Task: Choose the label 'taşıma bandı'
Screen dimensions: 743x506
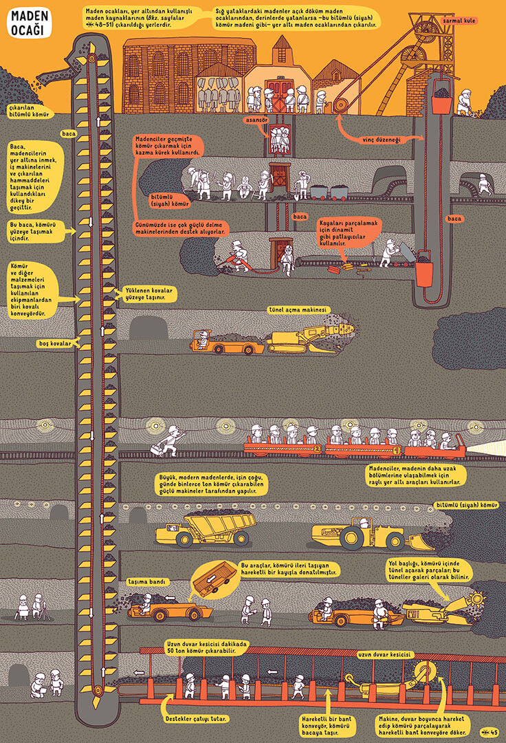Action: [147, 581]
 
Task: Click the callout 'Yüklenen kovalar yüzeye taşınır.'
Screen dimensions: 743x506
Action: [150, 294]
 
